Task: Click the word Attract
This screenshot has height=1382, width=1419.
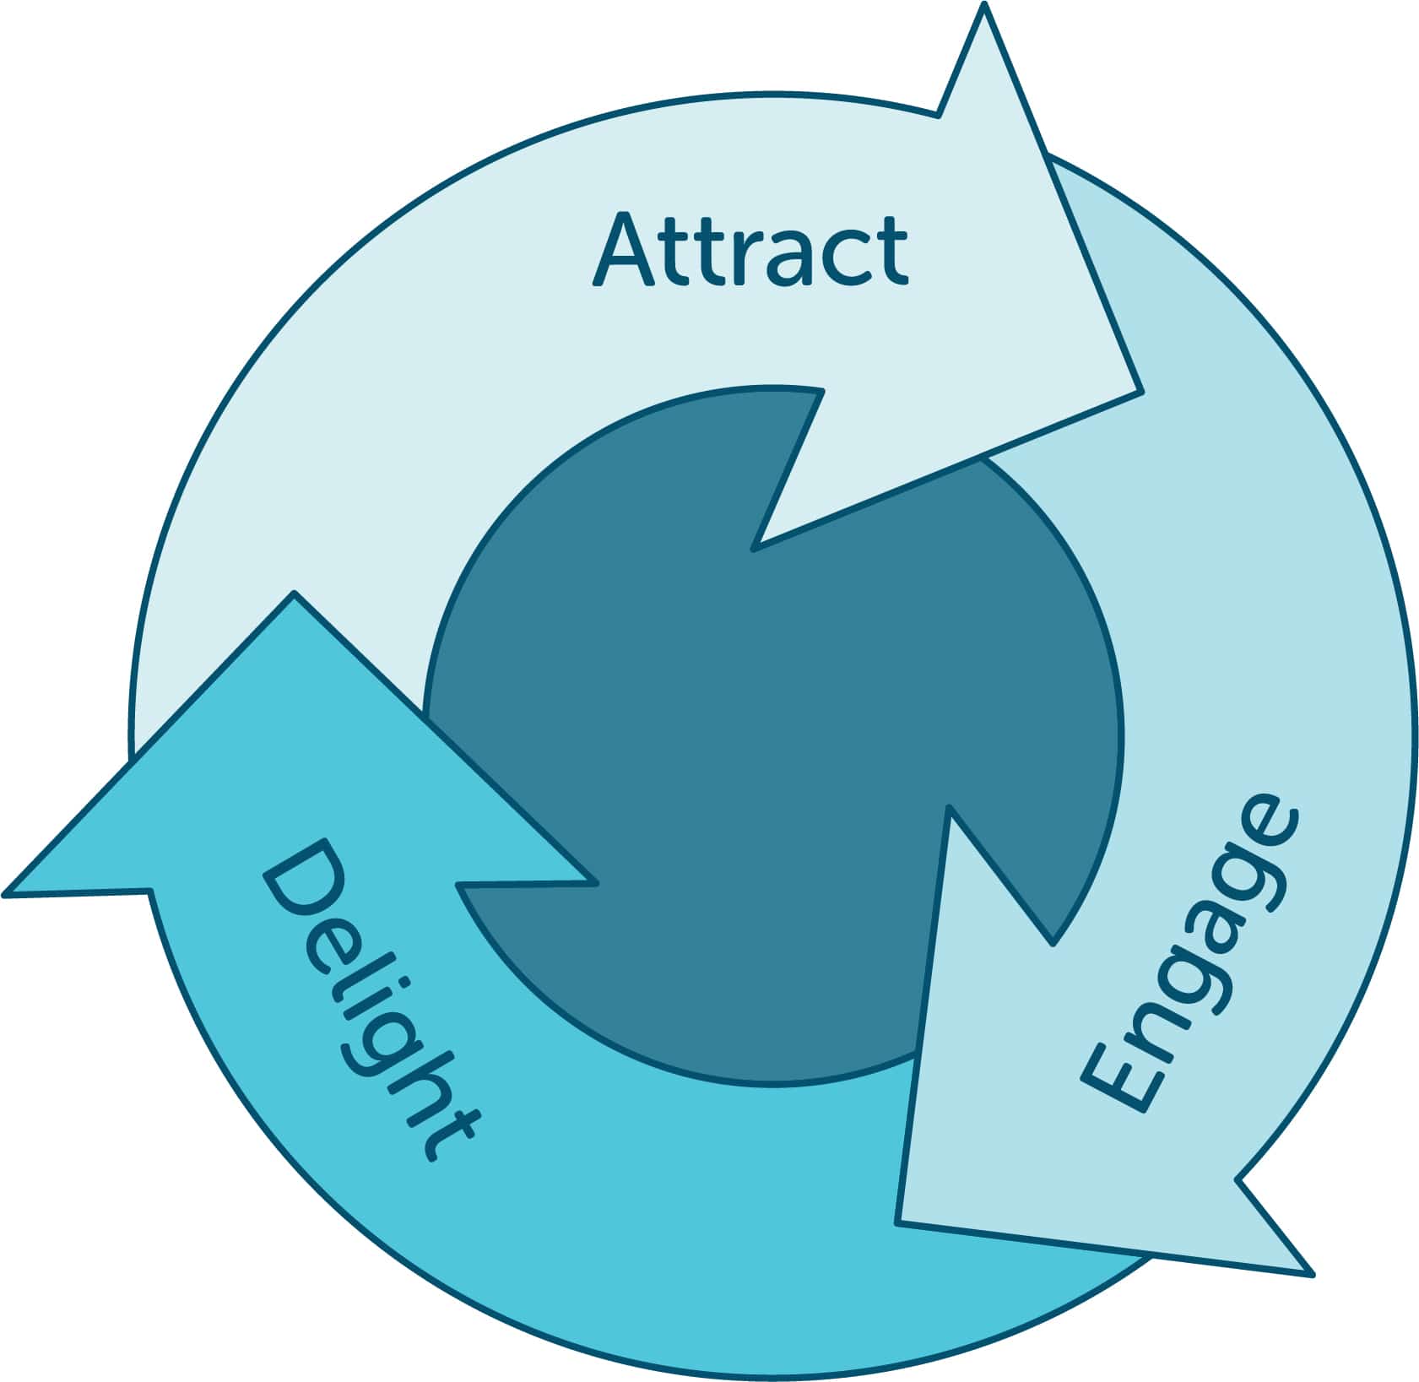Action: [x=750, y=249]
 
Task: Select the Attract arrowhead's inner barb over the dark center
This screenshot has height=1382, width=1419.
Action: [x=753, y=550]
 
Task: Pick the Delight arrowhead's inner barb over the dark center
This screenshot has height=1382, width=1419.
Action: [x=596, y=884]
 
